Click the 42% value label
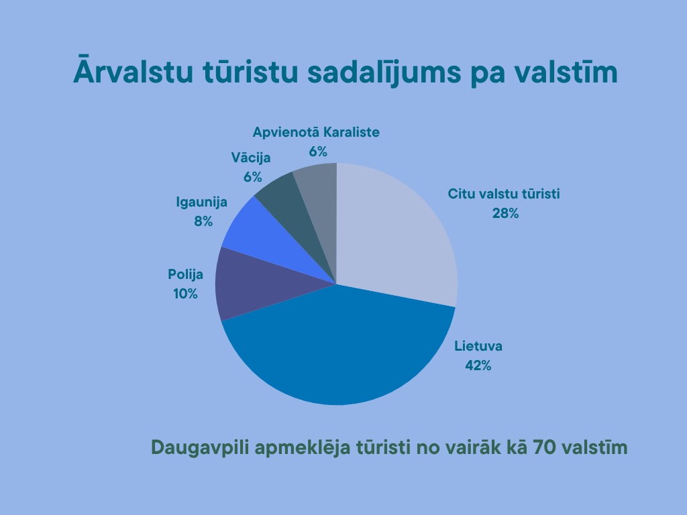pos(478,365)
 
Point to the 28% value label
pos(505,213)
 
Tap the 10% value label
pos(185,294)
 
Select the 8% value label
pos(203,221)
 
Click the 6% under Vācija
pos(252,177)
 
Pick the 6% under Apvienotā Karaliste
pos(317,152)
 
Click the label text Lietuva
pos(478,346)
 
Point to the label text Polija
pos(185,274)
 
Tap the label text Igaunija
pos(201,202)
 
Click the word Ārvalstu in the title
pos(133,70)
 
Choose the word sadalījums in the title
pos(384,72)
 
